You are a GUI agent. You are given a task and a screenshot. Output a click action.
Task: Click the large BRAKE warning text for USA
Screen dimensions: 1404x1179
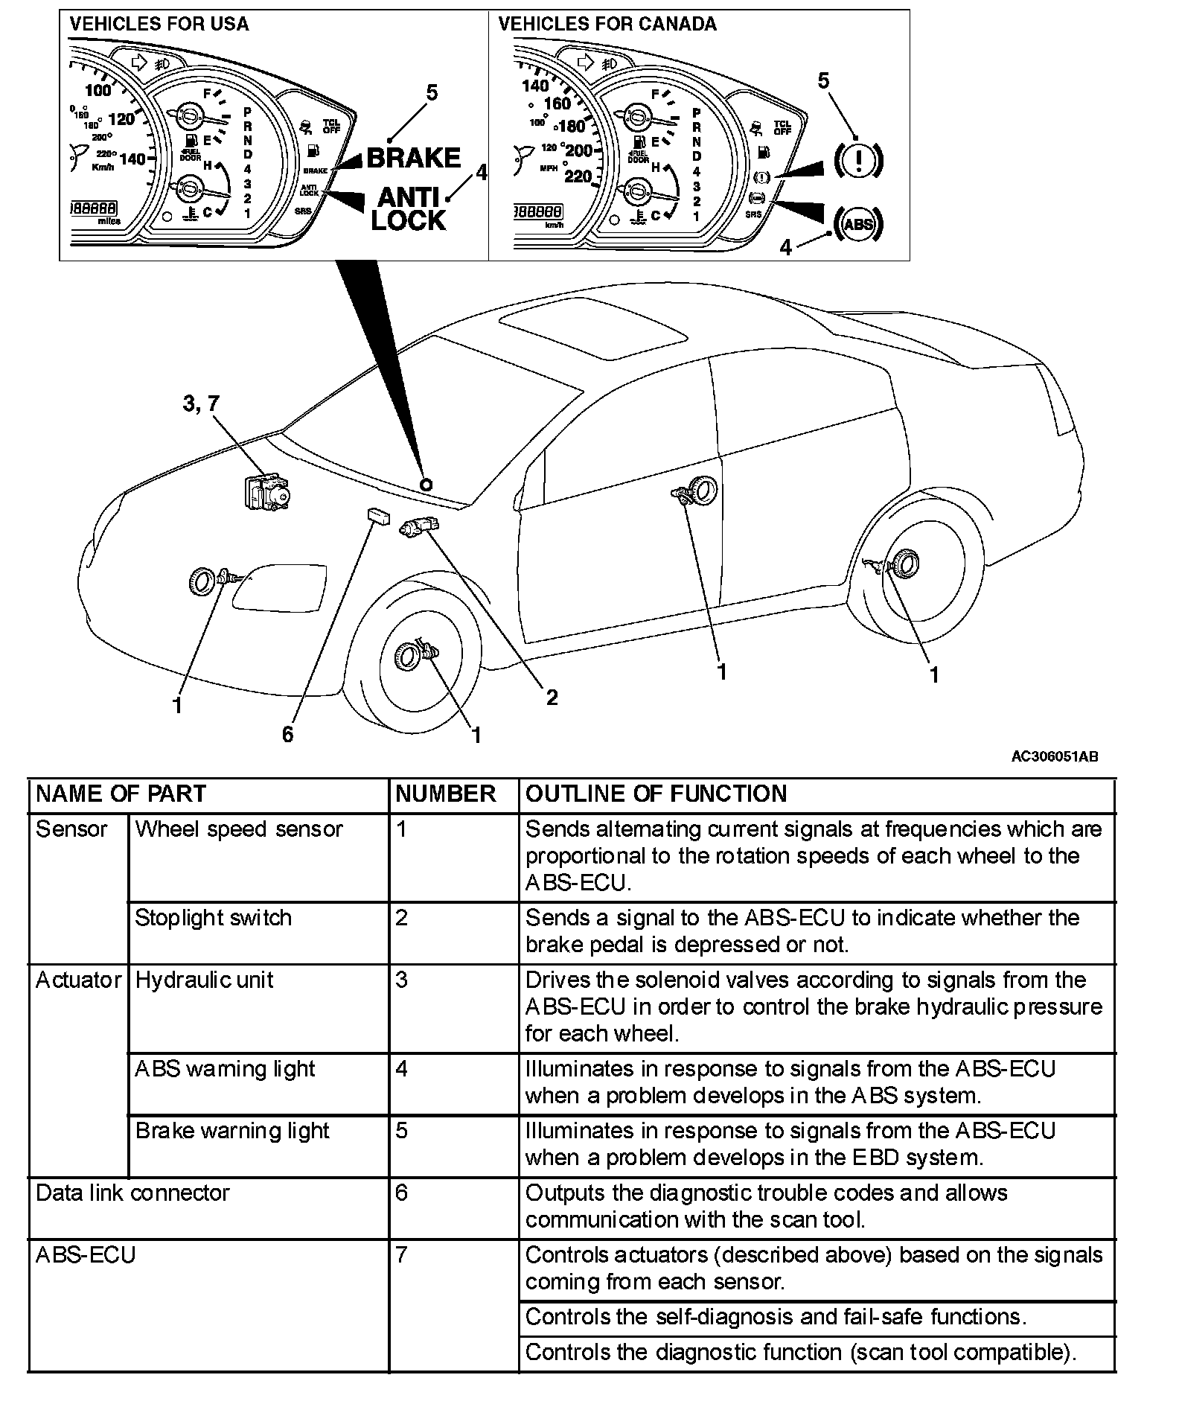coord(414,158)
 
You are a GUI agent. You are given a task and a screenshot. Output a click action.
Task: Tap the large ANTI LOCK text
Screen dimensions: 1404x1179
coord(409,209)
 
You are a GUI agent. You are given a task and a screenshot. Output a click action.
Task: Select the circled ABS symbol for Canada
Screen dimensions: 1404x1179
coord(858,223)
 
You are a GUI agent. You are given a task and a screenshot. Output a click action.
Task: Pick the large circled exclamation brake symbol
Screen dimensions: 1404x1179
coord(858,160)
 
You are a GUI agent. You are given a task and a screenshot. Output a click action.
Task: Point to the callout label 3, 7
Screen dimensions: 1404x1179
coord(201,403)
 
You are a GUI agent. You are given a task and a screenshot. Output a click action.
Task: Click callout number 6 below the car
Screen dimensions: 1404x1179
coord(288,734)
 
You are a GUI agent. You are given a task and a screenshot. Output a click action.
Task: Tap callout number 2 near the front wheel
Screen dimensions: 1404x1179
coord(552,697)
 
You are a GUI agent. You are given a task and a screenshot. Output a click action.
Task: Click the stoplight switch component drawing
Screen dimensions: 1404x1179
coord(419,527)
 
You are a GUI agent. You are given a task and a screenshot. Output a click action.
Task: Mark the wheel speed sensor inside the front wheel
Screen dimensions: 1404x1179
coord(414,653)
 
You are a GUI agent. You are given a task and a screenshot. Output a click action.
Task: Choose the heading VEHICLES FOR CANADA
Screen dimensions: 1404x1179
coord(607,24)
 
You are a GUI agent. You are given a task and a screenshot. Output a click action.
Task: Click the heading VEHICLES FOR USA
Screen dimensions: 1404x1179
coord(159,24)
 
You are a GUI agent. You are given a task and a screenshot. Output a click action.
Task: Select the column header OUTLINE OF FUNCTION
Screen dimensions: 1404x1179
coord(656,794)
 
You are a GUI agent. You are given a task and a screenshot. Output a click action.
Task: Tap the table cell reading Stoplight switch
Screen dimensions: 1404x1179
coord(213,918)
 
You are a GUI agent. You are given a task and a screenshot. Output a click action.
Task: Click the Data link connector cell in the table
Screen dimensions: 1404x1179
coord(132,1193)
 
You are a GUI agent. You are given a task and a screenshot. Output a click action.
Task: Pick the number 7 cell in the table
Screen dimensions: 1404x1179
coord(402,1254)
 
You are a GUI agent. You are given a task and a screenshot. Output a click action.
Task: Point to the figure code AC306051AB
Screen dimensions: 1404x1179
coord(1054,756)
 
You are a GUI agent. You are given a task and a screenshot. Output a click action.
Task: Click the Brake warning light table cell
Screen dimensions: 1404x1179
coord(232,1130)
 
